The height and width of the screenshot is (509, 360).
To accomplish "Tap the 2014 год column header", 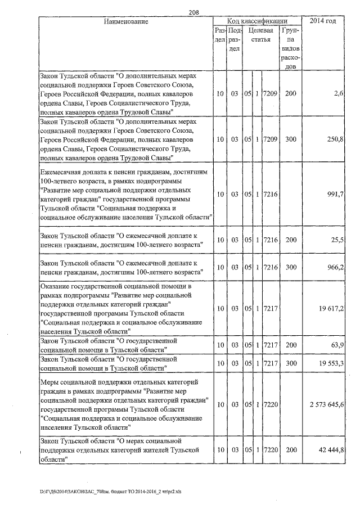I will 324,21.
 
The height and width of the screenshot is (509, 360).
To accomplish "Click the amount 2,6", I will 338,93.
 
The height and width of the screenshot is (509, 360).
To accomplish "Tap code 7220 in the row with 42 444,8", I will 270,450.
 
